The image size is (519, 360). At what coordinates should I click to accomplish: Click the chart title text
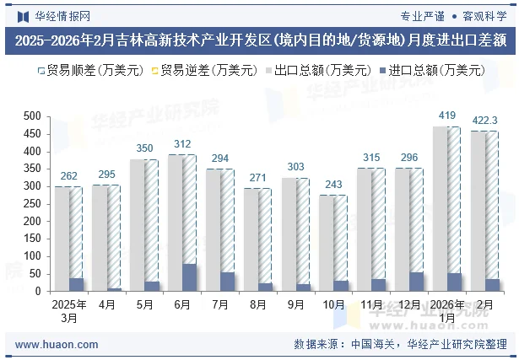tap(259, 40)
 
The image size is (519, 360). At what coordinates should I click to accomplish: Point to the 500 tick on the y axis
tap(32, 116)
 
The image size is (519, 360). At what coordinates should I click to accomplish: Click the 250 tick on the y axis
tap(32, 203)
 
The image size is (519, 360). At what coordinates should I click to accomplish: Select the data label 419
tap(446, 115)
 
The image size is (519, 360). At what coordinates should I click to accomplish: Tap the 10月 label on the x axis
tap(334, 304)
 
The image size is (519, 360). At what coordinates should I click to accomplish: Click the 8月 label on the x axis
tap(259, 304)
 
